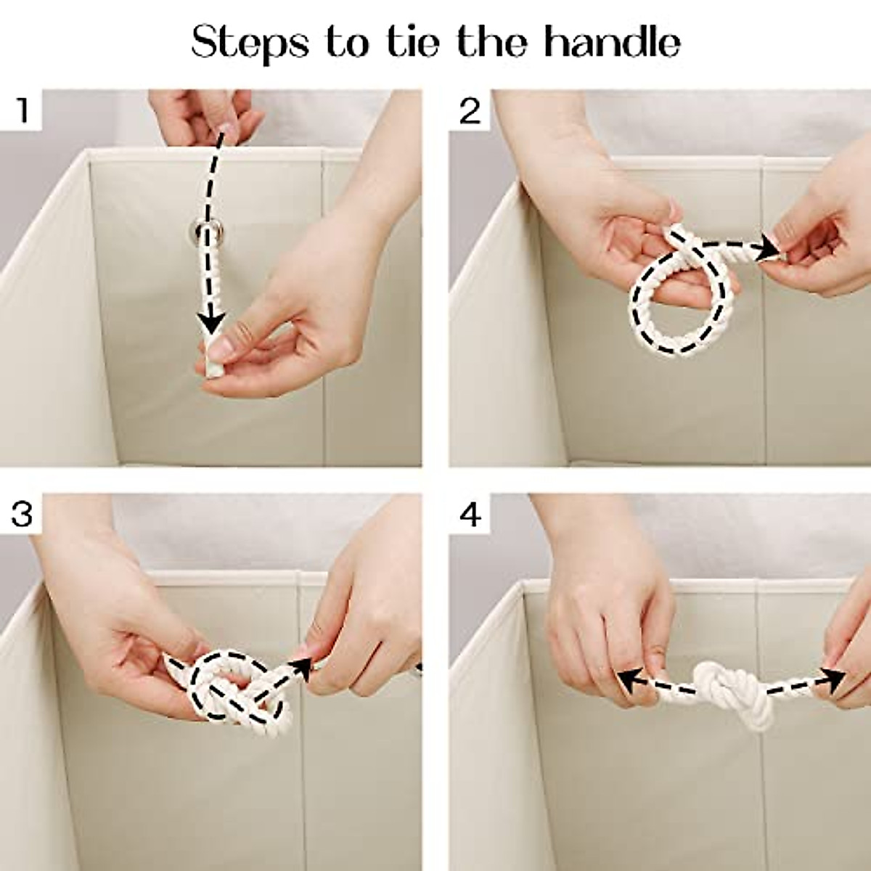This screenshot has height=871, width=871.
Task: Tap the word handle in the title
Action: [612, 41]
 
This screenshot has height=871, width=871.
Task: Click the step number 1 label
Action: [22, 111]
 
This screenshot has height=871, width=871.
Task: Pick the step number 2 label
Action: [470, 111]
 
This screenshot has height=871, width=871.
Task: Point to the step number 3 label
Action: [22, 515]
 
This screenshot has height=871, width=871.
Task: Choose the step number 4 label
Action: [470, 515]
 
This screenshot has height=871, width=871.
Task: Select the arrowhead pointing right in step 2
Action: [768, 247]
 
